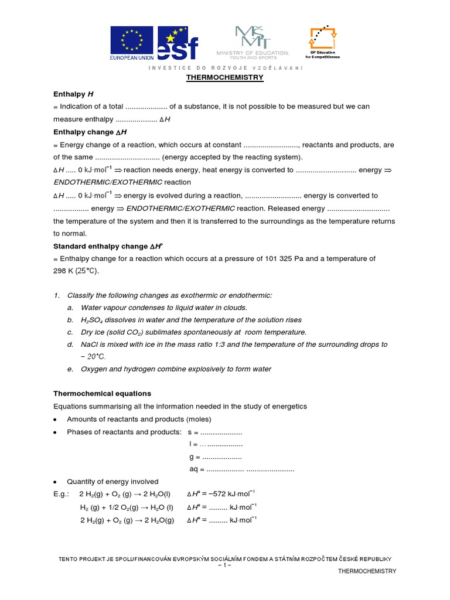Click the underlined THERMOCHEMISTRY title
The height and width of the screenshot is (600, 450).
(x=225, y=77)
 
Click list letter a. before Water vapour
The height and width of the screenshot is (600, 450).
(x=70, y=308)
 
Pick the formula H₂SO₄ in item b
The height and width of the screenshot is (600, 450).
(x=93, y=320)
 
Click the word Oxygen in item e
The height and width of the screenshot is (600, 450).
(x=95, y=369)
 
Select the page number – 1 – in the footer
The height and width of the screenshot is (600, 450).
(x=225, y=565)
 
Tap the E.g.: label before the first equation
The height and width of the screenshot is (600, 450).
(x=62, y=494)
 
